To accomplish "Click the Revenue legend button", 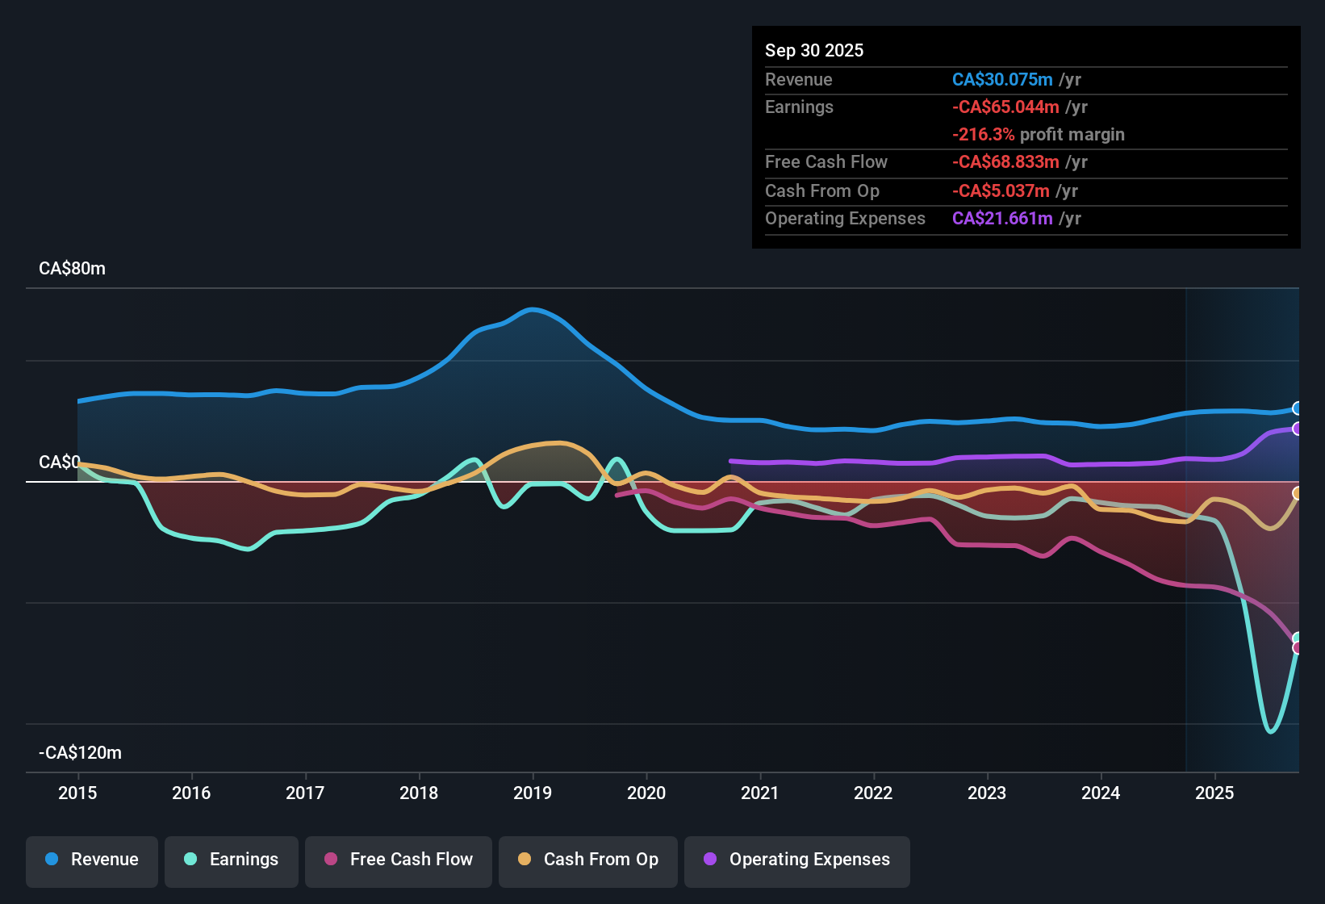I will [x=92, y=860].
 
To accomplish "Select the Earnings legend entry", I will [x=232, y=860].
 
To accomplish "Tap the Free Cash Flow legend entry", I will [x=399, y=860].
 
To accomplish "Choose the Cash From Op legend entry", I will [x=588, y=860].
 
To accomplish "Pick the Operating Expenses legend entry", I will [x=797, y=860].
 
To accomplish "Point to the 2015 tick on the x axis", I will [x=77, y=793].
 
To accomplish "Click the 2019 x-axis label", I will [x=533, y=793].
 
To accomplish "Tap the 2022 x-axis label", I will [x=873, y=793].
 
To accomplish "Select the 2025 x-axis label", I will [x=1214, y=793].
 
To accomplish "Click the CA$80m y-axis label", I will [x=72, y=269].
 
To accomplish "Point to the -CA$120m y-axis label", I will [x=80, y=753].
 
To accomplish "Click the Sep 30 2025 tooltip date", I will [x=814, y=51].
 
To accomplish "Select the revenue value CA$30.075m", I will [x=1002, y=80].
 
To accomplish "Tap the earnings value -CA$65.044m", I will [x=1005, y=107].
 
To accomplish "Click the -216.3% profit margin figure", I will [x=984, y=135].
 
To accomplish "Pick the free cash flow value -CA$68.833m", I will [x=1005, y=162].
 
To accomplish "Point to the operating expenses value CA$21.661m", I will [x=1002, y=219].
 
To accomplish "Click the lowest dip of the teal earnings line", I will [x=1271, y=731].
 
